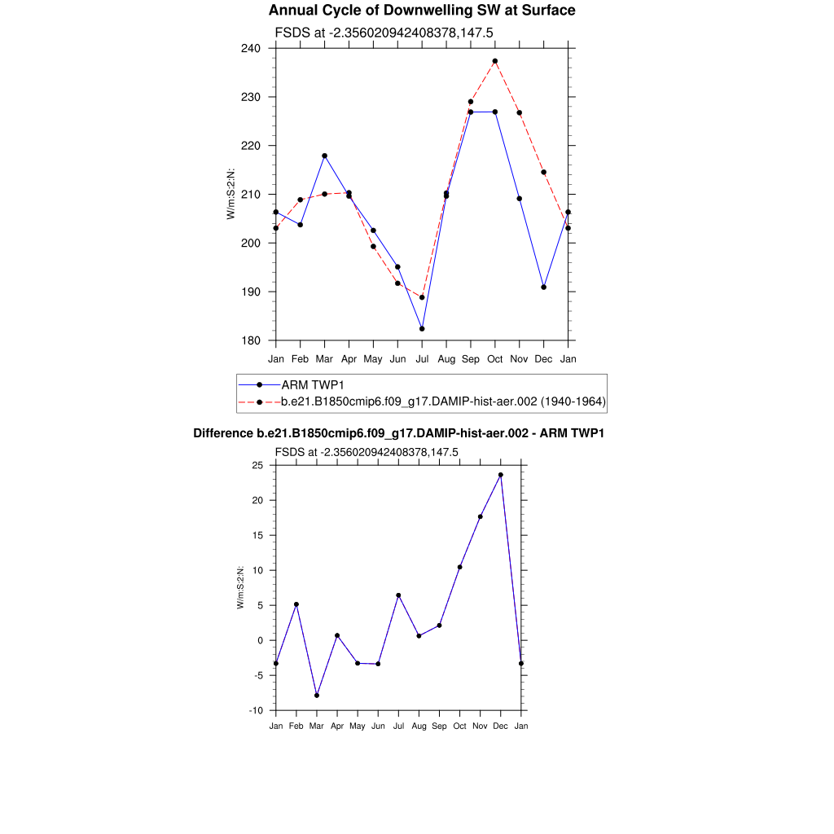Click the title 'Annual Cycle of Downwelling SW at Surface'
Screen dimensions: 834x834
coord(422,11)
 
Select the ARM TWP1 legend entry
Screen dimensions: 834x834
coord(314,384)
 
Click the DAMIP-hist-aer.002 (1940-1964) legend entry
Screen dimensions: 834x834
coord(443,402)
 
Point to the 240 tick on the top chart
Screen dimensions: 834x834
coord(251,48)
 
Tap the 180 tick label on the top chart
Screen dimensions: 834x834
coord(251,340)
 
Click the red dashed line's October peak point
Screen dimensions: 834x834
coord(495,61)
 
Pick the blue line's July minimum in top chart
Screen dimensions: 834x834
coord(422,329)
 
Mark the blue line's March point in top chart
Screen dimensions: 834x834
coord(324,156)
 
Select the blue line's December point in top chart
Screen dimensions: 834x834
coord(543,287)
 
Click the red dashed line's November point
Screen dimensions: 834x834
coord(520,112)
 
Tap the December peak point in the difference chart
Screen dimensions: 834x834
coord(501,475)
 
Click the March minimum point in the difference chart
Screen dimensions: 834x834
coord(317,695)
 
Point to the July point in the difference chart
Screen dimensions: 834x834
coord(398,595)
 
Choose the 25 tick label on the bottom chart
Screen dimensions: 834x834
coord(257,465)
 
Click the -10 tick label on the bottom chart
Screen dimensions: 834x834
coord(256,710)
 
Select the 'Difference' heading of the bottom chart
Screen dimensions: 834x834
coord(398,433)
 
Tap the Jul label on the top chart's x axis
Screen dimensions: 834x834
coord(422,358)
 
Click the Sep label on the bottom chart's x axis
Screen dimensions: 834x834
coord(439,726)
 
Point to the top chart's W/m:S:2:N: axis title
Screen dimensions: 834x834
coord(230,194)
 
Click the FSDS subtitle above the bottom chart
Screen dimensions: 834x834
coord(367,452)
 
